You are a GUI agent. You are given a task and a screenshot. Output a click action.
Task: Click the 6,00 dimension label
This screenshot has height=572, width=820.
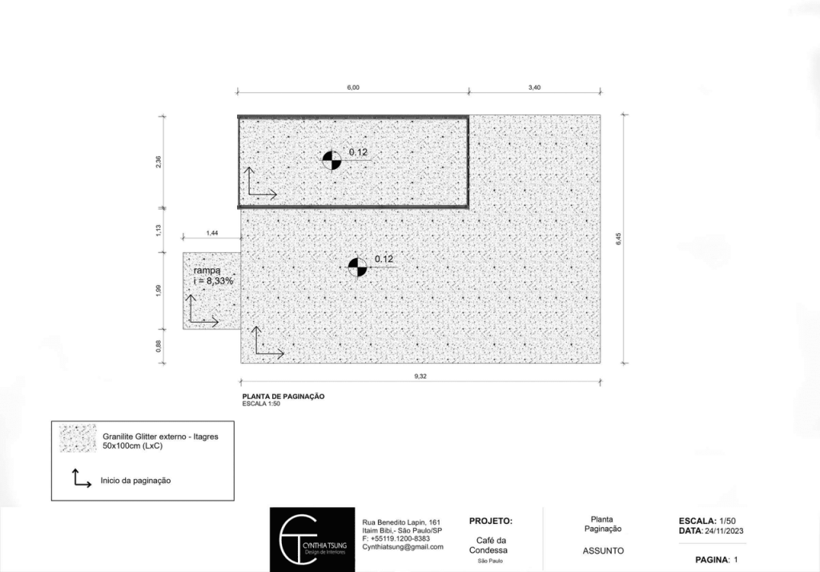[x=353, y=87]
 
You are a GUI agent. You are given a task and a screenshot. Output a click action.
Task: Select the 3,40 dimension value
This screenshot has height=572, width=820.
[x=534, y=87]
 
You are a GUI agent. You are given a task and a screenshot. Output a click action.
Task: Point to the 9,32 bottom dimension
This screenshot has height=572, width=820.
[x=420, y=377]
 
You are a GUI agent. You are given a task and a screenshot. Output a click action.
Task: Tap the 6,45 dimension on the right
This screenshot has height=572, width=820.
[x=619, y=240]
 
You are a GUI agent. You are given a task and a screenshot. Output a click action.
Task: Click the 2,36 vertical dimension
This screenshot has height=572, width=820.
[x=159, y=162]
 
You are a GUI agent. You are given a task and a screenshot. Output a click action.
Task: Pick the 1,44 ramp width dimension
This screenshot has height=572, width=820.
[x=211, y=233]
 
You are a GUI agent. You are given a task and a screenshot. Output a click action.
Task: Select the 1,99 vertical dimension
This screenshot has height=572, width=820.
[x=159, y=291]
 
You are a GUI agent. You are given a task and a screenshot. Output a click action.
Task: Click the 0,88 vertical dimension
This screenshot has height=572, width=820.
[x=159, y=346]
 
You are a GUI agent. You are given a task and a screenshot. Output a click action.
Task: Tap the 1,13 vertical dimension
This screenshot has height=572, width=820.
[x=159, y=230]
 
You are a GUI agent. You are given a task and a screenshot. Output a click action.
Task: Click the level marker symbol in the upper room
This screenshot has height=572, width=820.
[x=332, y=161]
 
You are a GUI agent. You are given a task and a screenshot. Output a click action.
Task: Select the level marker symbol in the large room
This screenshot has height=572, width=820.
[x=358, y=268]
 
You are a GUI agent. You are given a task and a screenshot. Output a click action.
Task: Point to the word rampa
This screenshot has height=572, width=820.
[x=207, y=271]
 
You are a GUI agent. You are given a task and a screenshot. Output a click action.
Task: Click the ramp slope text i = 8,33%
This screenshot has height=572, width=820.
[x=213, y=281]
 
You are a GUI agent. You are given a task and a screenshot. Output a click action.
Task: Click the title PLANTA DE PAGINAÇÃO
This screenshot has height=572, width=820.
[x=283, y=397]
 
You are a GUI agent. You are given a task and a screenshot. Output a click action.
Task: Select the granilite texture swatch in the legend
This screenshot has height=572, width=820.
[x=78, y=438]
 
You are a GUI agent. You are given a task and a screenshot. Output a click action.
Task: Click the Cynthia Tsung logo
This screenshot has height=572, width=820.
[x=312, y=539]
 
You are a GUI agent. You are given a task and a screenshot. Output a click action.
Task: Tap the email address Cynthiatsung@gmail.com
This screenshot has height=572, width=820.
[x=403, y=547]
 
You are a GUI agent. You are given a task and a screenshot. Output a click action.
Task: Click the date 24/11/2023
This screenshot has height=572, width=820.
[x=724, y=530]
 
